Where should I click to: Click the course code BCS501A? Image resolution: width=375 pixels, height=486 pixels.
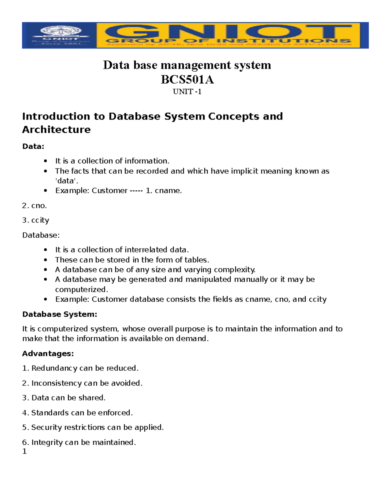(x=187, y=80)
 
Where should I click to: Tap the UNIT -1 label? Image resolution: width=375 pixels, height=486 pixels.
(x=187, y=92)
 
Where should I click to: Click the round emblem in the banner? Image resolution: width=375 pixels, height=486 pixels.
(x=61, y=31)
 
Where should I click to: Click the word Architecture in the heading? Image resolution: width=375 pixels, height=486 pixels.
(x=56, y=130)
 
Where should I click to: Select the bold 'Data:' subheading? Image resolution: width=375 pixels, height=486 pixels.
(x=33, y=146)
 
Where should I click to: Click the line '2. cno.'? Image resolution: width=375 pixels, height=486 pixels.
(x=34, y=206)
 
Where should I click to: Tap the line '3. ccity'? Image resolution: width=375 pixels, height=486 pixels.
(x=36, y=220)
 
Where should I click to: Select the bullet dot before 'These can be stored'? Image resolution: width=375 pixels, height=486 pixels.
(x=46, y=260)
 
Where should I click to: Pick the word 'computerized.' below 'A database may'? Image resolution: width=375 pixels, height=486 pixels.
(x=82, y=289)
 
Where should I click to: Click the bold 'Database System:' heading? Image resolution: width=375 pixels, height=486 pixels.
(x=60, y=315)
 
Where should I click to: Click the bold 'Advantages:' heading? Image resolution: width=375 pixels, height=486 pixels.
(x=48, y=354)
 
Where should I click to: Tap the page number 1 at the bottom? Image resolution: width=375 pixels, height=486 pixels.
(x=24, y=451)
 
